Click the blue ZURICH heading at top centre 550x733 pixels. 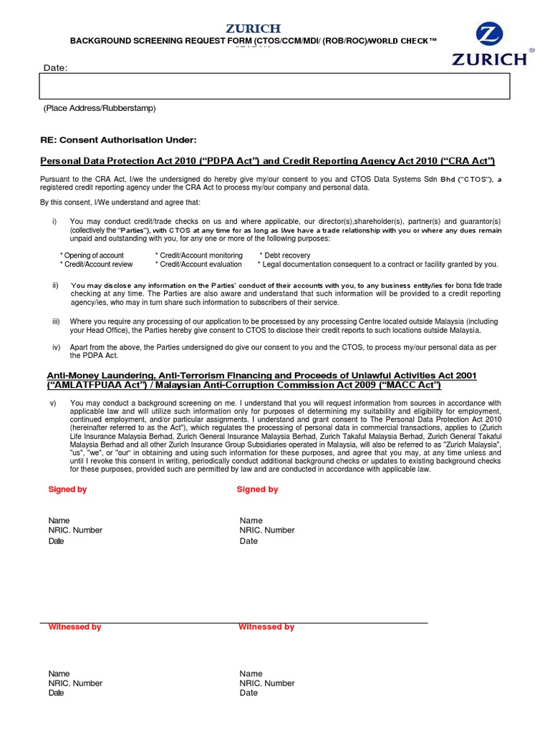click(254, 29)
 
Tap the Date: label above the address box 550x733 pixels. click(55, 67)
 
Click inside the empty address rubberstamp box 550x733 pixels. click(274, 86)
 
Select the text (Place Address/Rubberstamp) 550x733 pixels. click(99, 108)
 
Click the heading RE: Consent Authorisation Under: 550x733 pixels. click(117, 140)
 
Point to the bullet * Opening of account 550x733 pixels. click(92, 256)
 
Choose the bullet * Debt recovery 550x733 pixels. click(285, 256)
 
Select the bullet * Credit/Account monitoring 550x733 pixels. click(198, 256)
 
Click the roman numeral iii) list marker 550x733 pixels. click(56, 321)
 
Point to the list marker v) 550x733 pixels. click(53, 403)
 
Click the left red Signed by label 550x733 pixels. click(67, 490)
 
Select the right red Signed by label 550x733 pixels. click(257, 490)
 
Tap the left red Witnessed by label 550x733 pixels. click(74, 627)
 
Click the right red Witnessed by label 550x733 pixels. click(266, 627)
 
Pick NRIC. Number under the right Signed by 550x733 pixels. click(267, 530)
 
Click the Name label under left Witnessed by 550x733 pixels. click(59, 674)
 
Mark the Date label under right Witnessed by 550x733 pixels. click(249, 693)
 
